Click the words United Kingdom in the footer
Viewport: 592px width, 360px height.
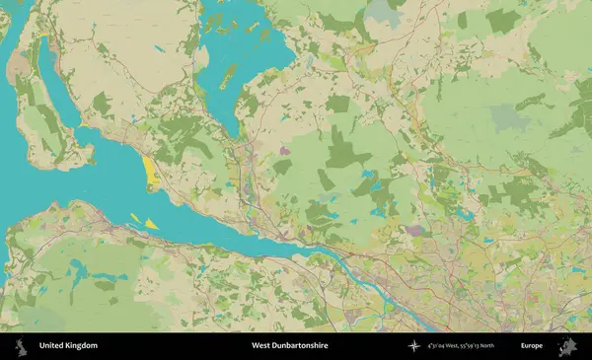click(x=68, y=346)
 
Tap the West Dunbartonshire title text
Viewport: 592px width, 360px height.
click(x=289, y=346)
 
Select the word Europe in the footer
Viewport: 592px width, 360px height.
click(x=532, y=346)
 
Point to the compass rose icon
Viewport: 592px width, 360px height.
click(x=415, y=346)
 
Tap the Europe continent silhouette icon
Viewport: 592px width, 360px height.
click(x=566, y=346)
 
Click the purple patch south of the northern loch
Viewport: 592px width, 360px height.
click(x=286, y=151)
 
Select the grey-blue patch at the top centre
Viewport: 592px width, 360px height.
click(x=379, y=12)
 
